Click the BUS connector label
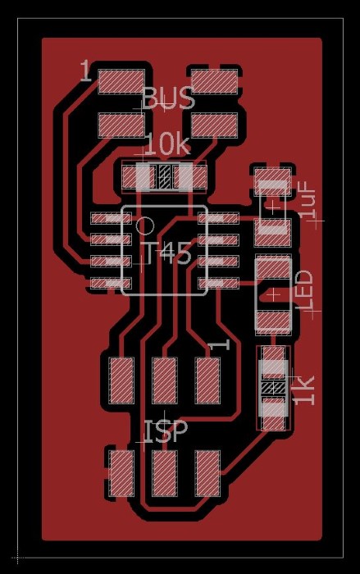(x=168, y=98)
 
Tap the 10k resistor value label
(x=168, y=145)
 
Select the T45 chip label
(x=168, y=253)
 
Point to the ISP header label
(x=166, y=430)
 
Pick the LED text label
(x=305, y=290)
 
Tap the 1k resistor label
(x=305, y=390)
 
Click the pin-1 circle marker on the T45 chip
(x=145, y=225)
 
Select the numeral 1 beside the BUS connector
(x=85, y=71)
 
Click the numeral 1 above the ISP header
(x=219, y=344)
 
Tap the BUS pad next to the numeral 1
(x=121, y=81)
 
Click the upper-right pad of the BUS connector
(x=214, y=81)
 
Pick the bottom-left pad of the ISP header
(x=121, y=473)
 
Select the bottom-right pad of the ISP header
(x=207, y=473)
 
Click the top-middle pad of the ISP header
(x=165, y=380)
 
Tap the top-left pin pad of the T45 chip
(x=111, y=219)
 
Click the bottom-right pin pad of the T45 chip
(x=218, y=283)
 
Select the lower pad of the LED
(x=273, y=322)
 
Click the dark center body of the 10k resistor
(x=165, y=176)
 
